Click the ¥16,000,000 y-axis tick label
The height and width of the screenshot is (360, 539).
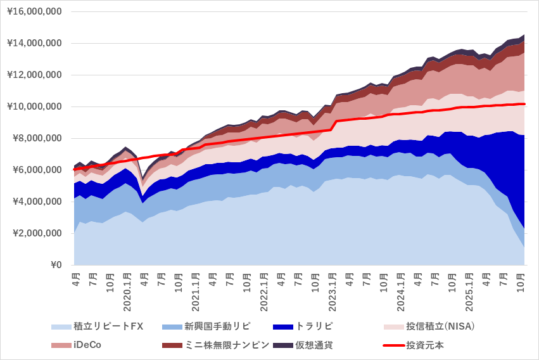click(35, 11)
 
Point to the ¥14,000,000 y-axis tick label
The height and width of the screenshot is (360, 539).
click(35, 43)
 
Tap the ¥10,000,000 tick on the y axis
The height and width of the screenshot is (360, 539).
click(35, 106)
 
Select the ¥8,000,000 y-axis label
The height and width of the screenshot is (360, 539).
click(37, 138)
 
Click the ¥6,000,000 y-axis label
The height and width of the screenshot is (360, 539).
click(37, 170)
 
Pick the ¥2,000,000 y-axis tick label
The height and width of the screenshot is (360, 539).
click(37, 233)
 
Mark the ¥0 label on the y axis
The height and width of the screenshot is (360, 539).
click(56, 265)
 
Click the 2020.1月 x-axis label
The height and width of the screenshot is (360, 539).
click(127, 292)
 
